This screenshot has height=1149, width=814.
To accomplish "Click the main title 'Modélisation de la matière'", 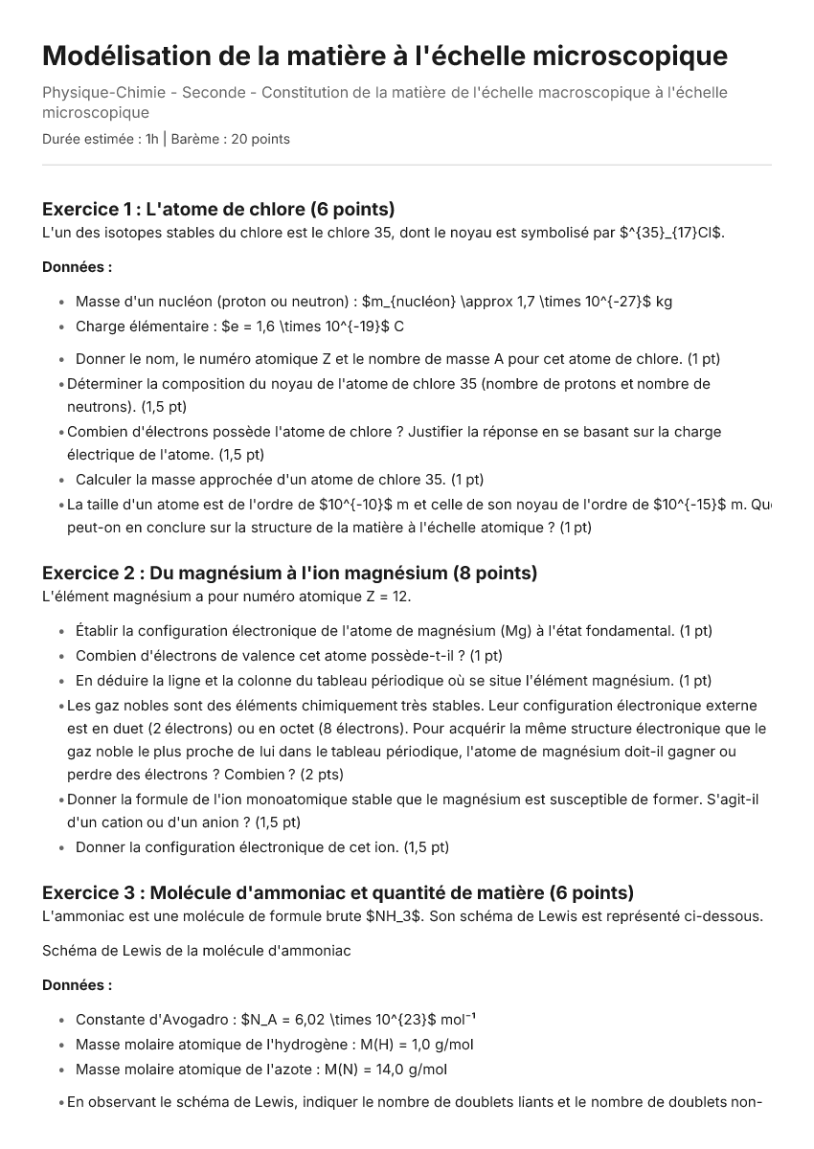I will [x=384, y=56].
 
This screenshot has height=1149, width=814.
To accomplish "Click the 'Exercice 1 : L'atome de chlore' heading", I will [x=218, y=209].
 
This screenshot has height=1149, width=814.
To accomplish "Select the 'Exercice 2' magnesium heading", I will [x=289, y=573].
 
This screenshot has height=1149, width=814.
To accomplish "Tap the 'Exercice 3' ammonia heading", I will [x=337, y=892].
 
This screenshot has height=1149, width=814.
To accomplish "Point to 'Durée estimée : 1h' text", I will [x=101, y=139].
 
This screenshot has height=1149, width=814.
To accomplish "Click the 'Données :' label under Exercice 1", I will [x=77, y=267].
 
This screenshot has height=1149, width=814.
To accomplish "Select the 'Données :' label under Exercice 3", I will [x=77, y=984].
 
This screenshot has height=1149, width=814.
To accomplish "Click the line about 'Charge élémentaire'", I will [x=239, y=327].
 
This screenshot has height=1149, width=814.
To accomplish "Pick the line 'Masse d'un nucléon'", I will [x=373, y=302].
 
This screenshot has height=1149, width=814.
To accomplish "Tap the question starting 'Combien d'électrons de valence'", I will [x=288, y=656].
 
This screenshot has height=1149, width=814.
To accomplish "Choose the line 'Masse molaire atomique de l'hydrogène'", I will [x=274, y=1045].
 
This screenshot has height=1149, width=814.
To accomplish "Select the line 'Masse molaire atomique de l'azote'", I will [x=260, y=1070].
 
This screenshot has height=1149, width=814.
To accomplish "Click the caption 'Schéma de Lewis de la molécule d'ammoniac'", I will [x=196, y=951].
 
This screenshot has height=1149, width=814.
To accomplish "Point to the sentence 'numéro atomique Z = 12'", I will [x=226, y=597].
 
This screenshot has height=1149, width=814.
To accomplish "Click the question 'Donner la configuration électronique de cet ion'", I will [x=261, y=847].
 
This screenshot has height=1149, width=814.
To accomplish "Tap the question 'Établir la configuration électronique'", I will [x=394, y=631].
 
